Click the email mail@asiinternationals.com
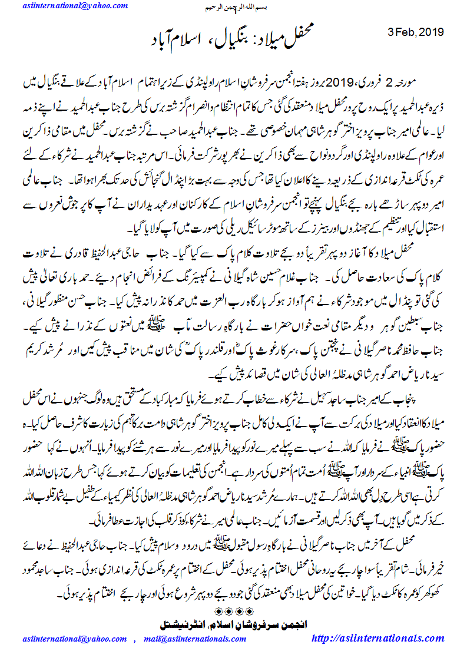click(x=203, y=638)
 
